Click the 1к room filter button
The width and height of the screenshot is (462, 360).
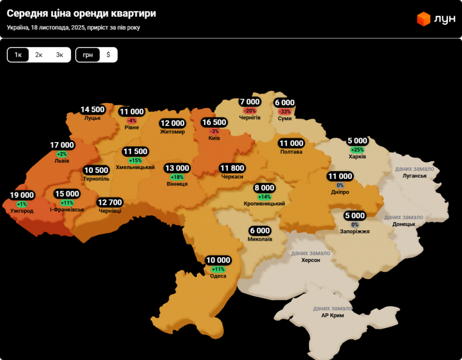click(x=18, y=55)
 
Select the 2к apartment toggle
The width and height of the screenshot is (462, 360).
click(x=39, y=55)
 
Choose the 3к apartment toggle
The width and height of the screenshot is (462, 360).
click(x=60, y=55)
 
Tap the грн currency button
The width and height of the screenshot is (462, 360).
click(x=88, y=55)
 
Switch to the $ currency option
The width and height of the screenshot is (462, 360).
click(x=108, y=55)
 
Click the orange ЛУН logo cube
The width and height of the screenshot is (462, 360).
click(x=424, y=19)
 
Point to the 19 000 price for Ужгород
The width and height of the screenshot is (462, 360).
click(x=22, y=196)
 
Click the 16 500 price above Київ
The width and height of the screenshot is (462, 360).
click(x=214, y=122)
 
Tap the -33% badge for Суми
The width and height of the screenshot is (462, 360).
click(x=284, y=112)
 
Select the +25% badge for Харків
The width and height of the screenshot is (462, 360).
click(x=357, y=150)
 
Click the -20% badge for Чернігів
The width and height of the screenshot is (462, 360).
click(x=250, y=111)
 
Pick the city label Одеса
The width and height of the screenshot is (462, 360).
click(x=218, y=276)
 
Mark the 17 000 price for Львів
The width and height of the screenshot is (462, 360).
click(x=62, y=145)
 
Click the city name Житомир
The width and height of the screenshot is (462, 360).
click(x=172, y=132)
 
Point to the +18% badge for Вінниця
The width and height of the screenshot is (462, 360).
click(x=177, y=177)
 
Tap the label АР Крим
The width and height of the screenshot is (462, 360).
click(x=332, y=315)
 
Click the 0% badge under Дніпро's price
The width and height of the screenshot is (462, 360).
click(x=340, y=185)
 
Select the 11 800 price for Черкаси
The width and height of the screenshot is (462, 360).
click(x=232, y=168)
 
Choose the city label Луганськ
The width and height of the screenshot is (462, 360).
click(x=414, y=176)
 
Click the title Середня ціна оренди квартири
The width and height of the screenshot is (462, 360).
click(x=81, y=13)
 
